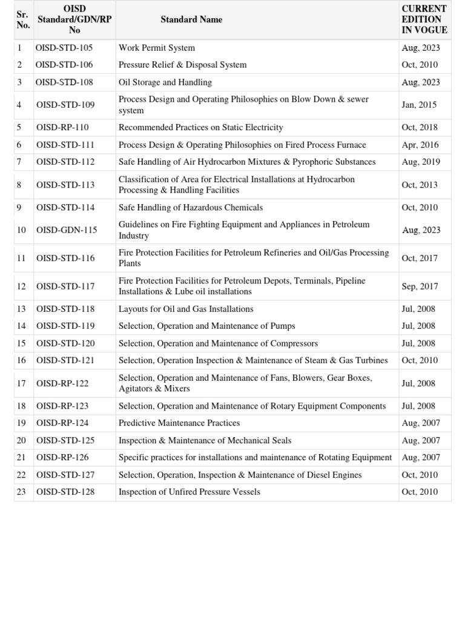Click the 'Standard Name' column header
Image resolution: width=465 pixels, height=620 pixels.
[x=191, y=20]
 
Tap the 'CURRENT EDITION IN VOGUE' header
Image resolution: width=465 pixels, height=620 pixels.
[x=424, y=19]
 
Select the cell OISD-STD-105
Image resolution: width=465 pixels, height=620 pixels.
[x=64, y=48]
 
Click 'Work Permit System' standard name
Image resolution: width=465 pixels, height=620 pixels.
[x=157, y=48]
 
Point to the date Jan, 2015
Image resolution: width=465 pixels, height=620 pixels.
[x=419, y=105]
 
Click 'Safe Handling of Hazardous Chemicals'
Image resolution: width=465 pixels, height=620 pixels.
[x=191, y=208]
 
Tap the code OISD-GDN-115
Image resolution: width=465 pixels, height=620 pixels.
[x=67, y=230]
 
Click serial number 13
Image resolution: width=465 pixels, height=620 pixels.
[x=22, y=309]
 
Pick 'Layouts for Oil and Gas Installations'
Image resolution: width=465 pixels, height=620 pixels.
[x=186, y=309]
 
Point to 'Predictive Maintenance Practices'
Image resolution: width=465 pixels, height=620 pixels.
[x=179, y=423]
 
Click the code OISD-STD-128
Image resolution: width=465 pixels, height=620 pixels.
[x=65, y=492]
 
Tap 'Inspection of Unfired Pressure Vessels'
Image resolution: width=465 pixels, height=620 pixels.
[x=190, y=492]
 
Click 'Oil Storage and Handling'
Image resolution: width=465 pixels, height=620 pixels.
[x=165, y=82]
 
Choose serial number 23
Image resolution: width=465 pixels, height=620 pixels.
[x=22, y=492]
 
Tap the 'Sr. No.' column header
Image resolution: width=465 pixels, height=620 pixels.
[x=23, y=20]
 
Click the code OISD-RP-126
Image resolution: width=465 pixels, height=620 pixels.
[x=62, y=458]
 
